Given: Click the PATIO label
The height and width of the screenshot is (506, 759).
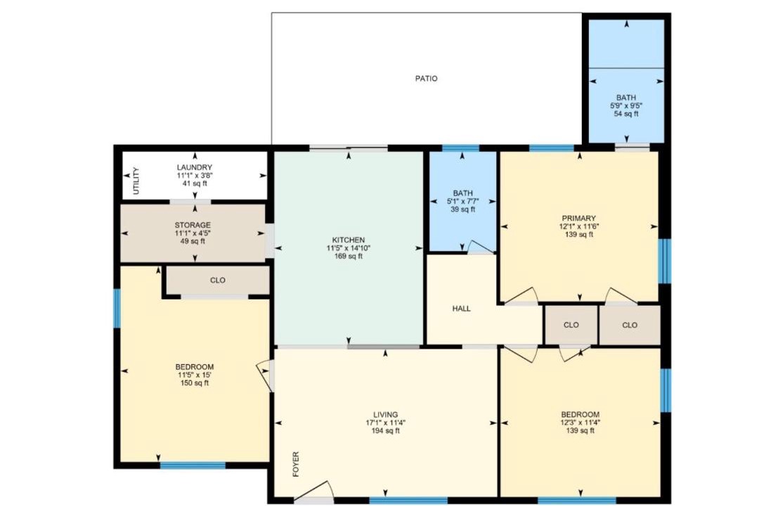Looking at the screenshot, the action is (x=426, y=79).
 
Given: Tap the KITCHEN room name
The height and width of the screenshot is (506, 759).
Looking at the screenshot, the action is (x=349, y=240).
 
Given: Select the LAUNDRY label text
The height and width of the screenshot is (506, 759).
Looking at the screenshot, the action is (x=195, y=167).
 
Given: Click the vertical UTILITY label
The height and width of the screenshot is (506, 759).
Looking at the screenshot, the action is (x=136, y=181).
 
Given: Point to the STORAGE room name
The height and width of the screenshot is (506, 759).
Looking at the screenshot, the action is (x=193, y=225).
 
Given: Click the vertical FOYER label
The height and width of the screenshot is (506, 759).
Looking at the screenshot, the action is (x=296, y=465).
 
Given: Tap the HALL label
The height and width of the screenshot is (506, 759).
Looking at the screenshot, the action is (x=461, y=309).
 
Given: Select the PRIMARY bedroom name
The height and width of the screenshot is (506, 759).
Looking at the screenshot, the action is (x=578, y=219).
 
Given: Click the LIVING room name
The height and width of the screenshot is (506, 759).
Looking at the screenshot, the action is (x=386, y=415).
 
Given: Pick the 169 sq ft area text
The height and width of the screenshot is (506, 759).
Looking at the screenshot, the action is (x=349, y=256).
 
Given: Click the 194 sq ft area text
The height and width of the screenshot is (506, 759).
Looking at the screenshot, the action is (x=386, y=431).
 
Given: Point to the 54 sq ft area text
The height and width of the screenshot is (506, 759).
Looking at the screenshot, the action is (x=626, y=114).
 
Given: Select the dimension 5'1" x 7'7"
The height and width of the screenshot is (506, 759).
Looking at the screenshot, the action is (x=462, y=202).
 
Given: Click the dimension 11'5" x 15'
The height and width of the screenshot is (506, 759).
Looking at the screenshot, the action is (x=195, y=375).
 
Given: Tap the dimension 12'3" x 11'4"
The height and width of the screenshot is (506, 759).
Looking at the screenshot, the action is (x=580, y=422).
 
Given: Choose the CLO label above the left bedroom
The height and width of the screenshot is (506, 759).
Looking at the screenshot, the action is (x=218, y=280).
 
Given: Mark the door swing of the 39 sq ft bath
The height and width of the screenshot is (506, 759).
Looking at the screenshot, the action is (x=480, y=247).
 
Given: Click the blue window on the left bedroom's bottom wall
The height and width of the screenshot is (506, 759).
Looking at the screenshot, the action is (x=193, y=466).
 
